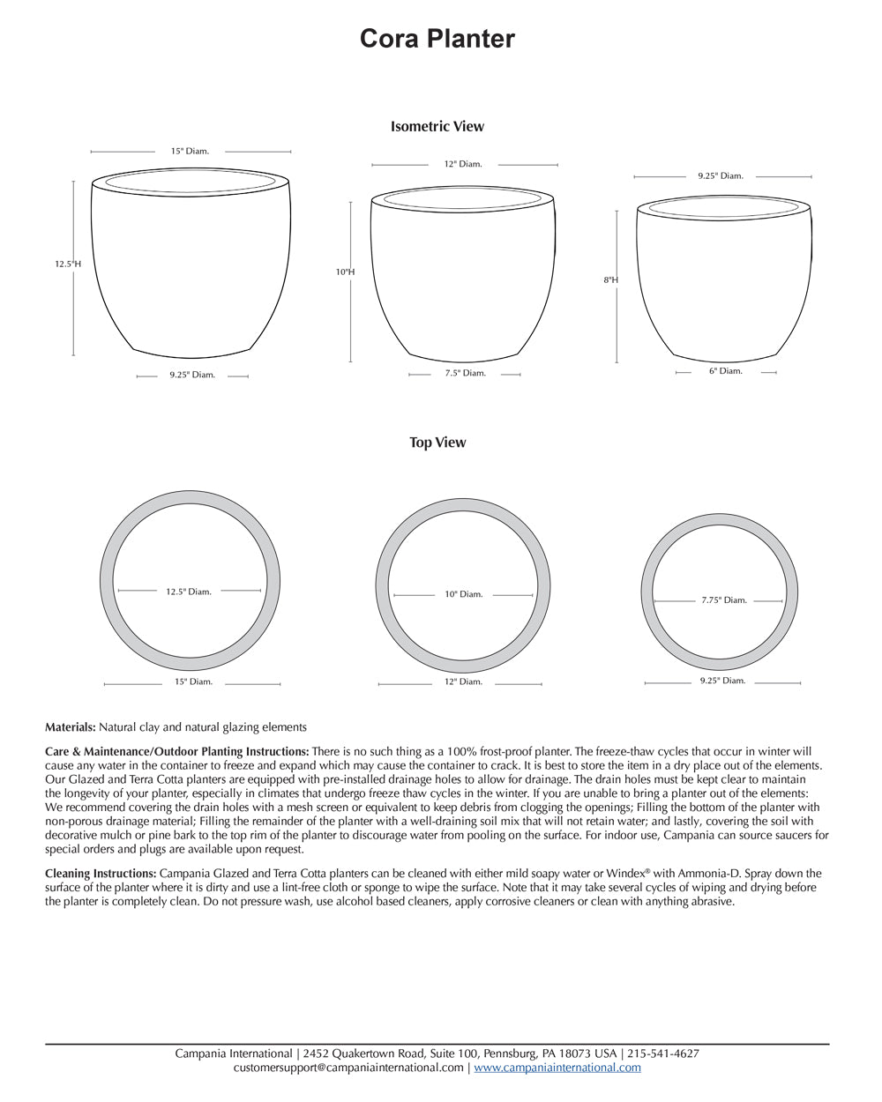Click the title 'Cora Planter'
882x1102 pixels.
(437, 39)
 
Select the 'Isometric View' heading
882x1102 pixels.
(437, 126)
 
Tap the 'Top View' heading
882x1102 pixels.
(437, 443)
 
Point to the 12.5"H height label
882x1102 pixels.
(68, 264)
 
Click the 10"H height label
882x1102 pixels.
(345, 272)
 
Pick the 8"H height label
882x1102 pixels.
(610, 280)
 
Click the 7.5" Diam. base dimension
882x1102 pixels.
(465, 374)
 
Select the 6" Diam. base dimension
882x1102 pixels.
(725, 371)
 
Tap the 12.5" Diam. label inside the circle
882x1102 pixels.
(189, 592)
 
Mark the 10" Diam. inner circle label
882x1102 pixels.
(463, 594)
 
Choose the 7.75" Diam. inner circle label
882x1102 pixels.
(724, 600)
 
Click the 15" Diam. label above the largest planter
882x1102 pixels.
(190, 152)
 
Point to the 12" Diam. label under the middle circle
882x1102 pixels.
(463, 682)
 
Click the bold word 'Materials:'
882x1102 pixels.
(71, 727)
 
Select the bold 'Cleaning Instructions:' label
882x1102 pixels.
(101, 874)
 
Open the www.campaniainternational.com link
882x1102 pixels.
(557, 1068)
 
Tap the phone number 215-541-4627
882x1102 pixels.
(662, 1054)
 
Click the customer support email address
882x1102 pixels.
(348, 1068)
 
